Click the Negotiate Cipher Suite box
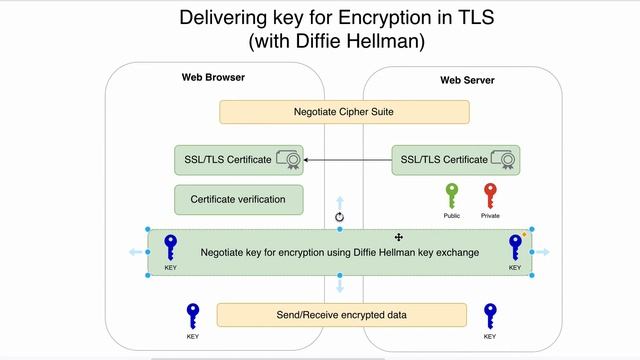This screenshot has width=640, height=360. pyautogui.click(x=343, y=112)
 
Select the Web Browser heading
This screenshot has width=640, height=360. pyautogui.click(x=213, y=78)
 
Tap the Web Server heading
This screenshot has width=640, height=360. pyautogui.click(x=467, y=80)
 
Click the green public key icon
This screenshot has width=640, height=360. pyautogui.click(x=452, y=194)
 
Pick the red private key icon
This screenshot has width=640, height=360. pyautogui.click(x=489, y=194)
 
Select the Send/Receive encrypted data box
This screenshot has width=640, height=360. pyautogui.click(x=342, y=315)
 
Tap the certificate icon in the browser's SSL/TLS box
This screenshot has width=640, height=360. pyautogui.click(x=289, y=159)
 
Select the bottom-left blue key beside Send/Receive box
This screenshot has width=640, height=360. pyautogui.click(x=192, y=316)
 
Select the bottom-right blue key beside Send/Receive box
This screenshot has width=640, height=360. pyautogui.click(x=490, y=316)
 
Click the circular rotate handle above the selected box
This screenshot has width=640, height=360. pyautogui.click(x=339, y=216)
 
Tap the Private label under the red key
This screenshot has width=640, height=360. pyautogui.click(x=490, y=216)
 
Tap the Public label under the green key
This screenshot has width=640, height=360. pyautogui.click(x=452, y=216)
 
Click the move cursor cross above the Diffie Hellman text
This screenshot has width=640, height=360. pyautogui.click(x=399, y=237)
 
